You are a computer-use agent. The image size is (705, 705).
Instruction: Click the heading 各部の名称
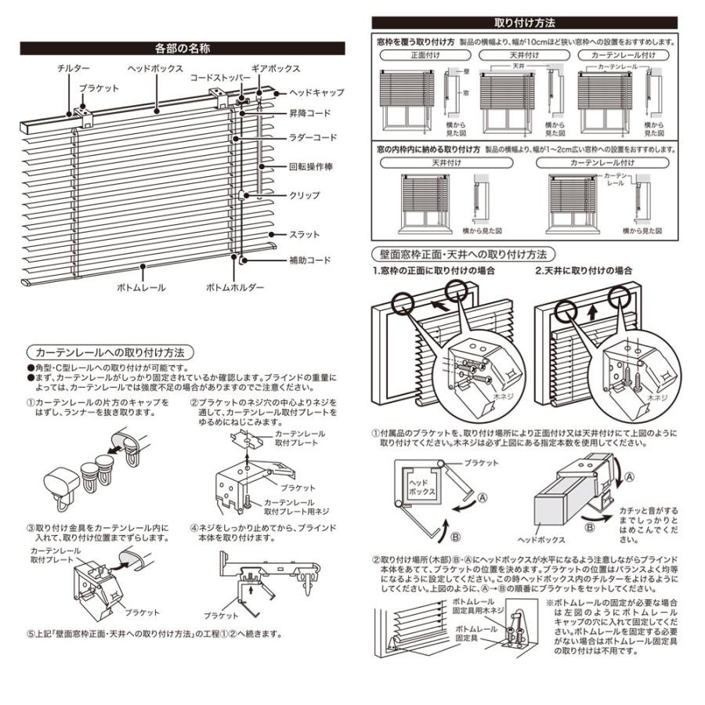182,49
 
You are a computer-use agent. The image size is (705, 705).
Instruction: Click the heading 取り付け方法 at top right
525,23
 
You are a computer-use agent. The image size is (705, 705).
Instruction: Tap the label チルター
74,69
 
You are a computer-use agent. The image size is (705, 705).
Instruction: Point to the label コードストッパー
219,78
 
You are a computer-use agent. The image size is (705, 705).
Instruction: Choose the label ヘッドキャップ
316,92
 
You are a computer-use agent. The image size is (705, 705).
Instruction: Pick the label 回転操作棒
311,168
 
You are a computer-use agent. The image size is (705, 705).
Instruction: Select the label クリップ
305,195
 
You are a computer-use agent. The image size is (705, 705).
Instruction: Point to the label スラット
304,234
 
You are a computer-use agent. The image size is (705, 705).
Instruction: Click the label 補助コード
310,260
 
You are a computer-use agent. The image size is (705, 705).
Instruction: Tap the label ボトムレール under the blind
141,288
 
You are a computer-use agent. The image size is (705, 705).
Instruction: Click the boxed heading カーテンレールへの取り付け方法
110,352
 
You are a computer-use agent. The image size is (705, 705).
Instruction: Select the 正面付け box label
425,56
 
